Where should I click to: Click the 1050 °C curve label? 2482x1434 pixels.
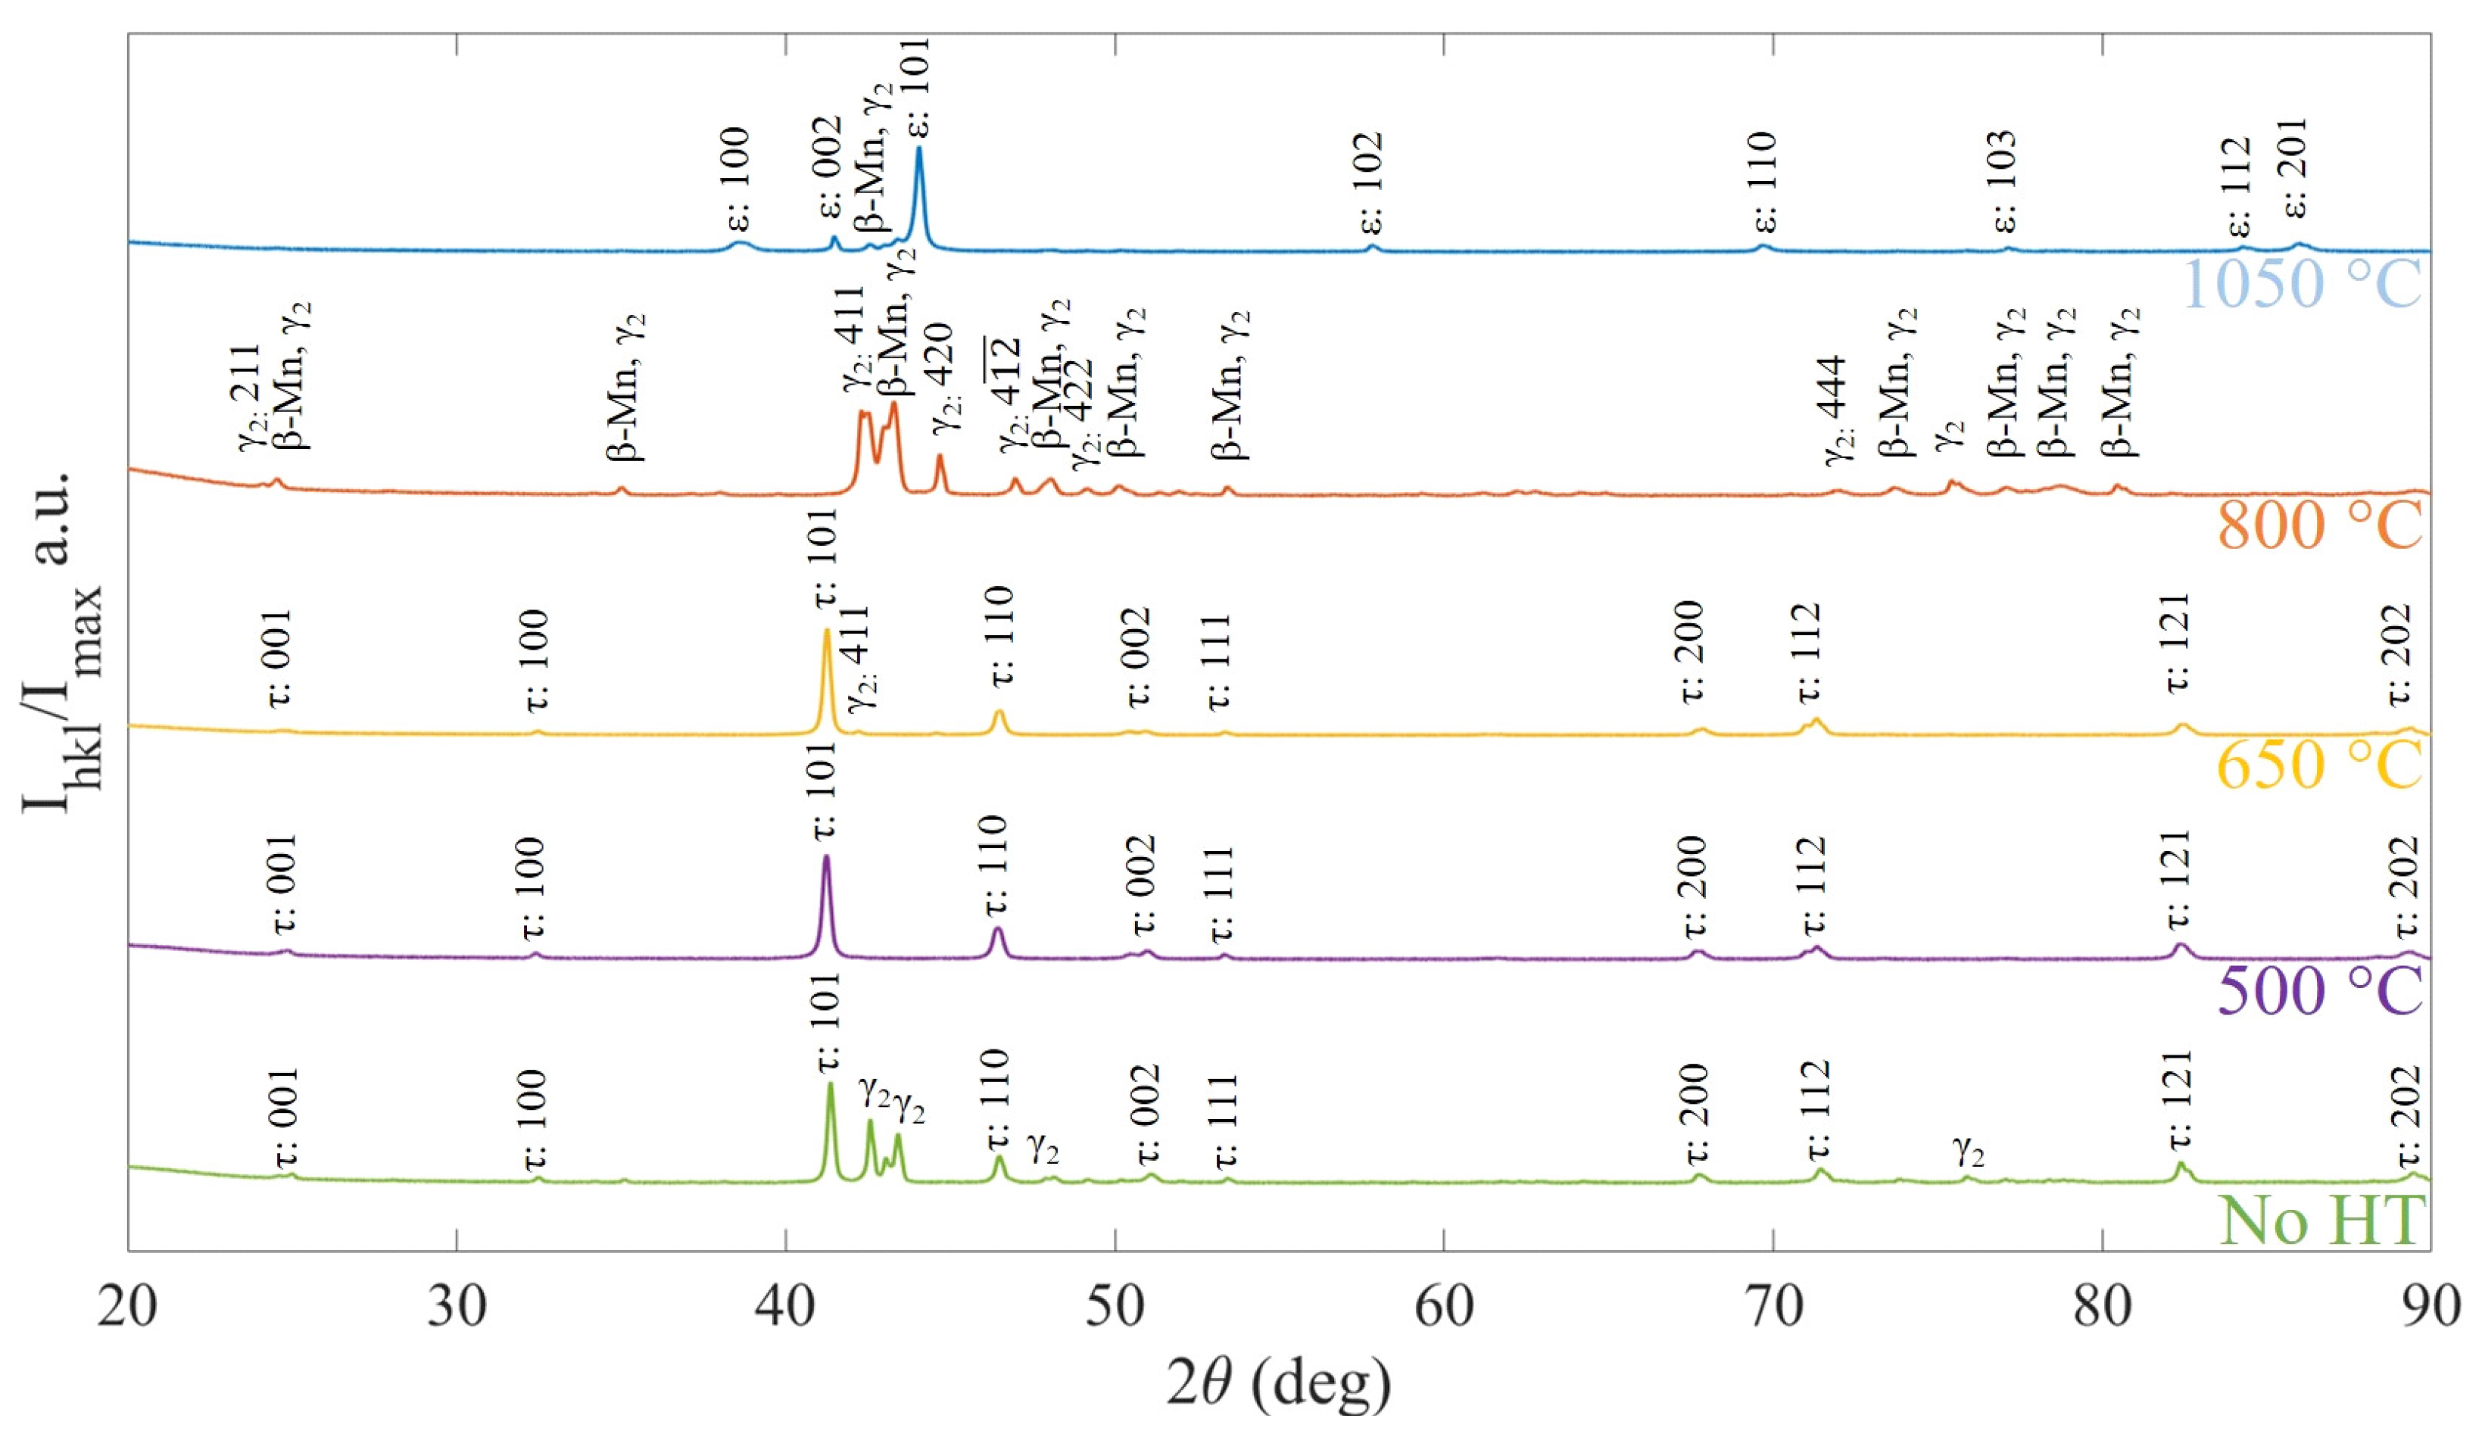pos(2302,285)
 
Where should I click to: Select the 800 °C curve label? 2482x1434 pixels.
pos(2318,525)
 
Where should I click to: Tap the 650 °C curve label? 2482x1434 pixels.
pos(2318,764)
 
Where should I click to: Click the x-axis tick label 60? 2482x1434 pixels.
pos(1444,1308)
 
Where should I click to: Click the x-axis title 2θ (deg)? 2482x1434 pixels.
pos(1278,1381)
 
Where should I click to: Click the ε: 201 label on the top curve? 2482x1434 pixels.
pos(2295,167)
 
